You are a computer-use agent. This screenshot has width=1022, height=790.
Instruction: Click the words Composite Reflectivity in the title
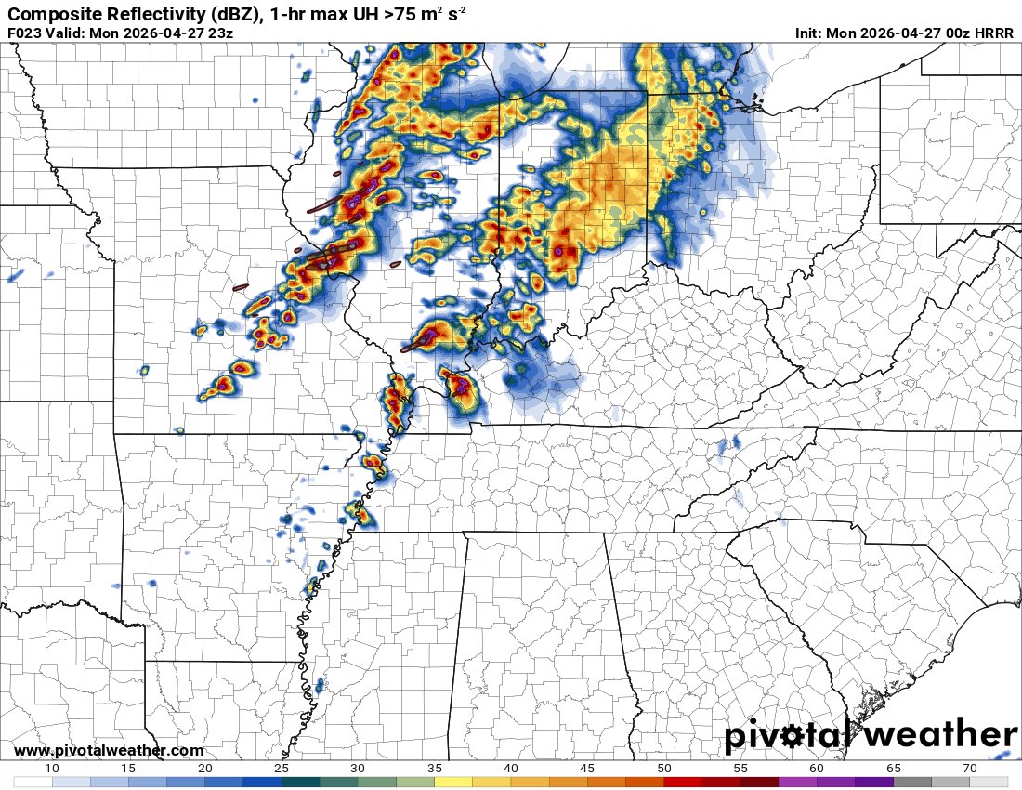[x=88, y=15]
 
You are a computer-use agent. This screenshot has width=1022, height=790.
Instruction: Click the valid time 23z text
[x=219, y=33]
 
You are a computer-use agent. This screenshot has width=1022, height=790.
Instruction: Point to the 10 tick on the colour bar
[x=52, y=768]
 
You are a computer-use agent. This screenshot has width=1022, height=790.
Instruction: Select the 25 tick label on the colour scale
[x=282, y=768]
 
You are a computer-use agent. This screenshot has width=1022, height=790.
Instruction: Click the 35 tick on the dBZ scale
[x=434, y=768]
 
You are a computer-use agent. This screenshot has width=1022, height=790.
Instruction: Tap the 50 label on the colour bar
[x=663, y=768]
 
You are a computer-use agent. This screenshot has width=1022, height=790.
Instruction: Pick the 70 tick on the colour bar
[x=969, y=768]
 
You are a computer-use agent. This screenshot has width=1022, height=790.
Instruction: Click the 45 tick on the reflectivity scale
[x=587, y=768]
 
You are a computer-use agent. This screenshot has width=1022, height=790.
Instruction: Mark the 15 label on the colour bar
[x=128, y=768]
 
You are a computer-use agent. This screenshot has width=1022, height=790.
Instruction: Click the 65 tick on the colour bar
[x=893, y=768]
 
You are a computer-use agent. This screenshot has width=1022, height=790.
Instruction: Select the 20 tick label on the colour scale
[x=205, y=768]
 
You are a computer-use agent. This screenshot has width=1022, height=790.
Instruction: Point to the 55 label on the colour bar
[x=740, y=768]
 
